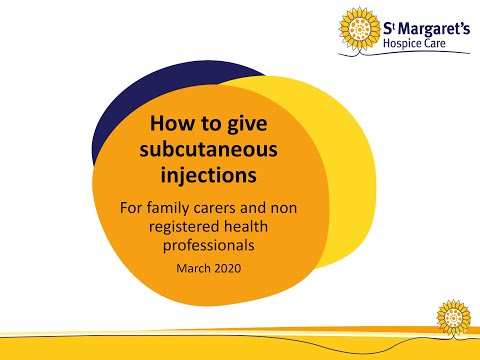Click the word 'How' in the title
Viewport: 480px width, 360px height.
pos(169,127)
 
